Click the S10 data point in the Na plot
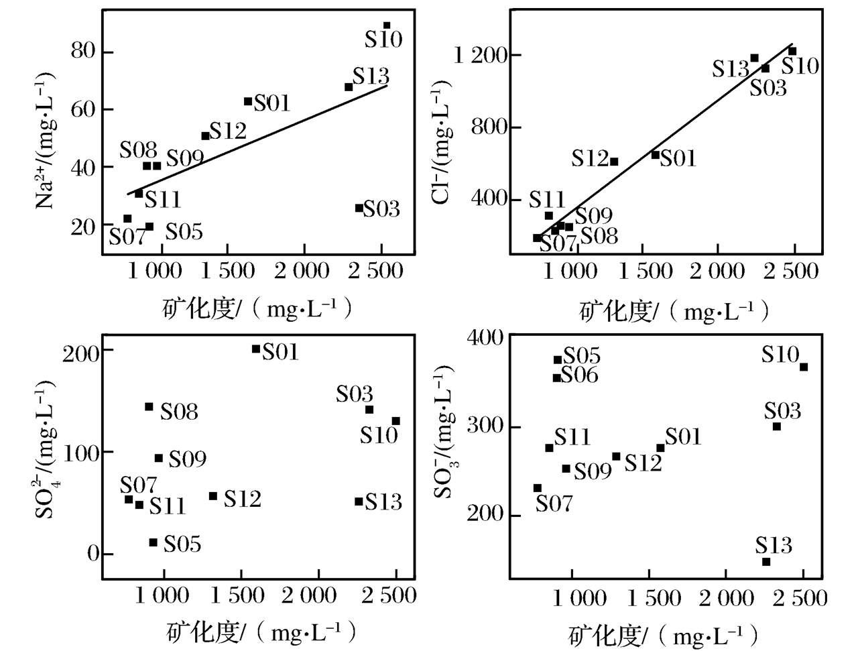click(387, 25)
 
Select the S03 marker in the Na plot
click(359, 208)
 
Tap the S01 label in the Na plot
click(271, 103)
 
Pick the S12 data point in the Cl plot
click(614, 162)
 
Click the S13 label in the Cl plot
click(730, 68)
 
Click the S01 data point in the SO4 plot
click(255, 349)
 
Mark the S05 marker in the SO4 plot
click(153, 542)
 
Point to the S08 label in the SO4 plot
click(180, 411)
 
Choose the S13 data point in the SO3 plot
click(766, 562)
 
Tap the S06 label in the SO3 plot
click(579, 375)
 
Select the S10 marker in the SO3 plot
click(804, 367)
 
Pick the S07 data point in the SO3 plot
click(537, 488)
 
